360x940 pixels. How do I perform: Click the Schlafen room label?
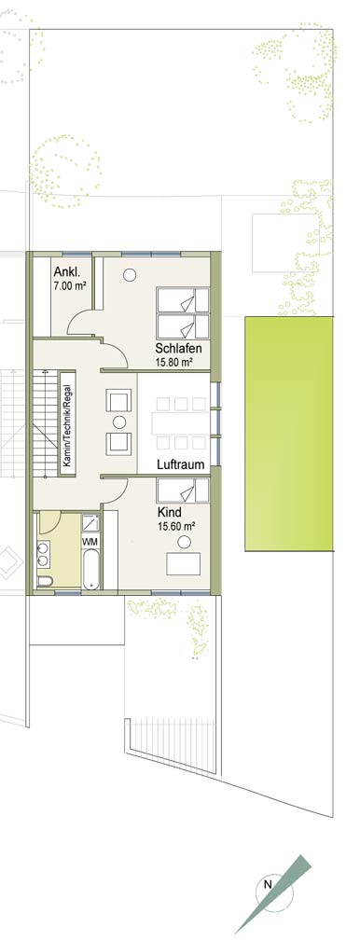click(x=178, y=349)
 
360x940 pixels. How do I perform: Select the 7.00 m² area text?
click(x=69, y=285)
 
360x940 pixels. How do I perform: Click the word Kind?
click(x=169, y=513)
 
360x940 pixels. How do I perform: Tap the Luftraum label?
click(x=181, y=464)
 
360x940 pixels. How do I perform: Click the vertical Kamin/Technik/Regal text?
click(x=67, y=423)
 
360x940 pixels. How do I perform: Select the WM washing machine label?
click(x=90, y=541)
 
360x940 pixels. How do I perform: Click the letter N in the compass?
click(x=269, y=884)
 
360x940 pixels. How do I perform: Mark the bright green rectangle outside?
click(x=288, y=434)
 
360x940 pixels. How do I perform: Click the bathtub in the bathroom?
click(x=90, y=569)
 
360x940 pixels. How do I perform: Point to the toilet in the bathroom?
click(x=45, y=581)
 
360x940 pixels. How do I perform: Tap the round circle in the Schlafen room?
click(x=130, y=275)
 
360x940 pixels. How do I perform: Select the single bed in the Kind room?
click(x=183, y=491)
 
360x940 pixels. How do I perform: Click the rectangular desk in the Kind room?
click(x=184, y=564)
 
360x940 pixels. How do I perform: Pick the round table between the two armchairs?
click(x=119, y=422)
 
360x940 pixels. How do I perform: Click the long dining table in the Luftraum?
click(x=181, y=423)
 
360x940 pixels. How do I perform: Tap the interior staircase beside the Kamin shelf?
click(x=45, y=422)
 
